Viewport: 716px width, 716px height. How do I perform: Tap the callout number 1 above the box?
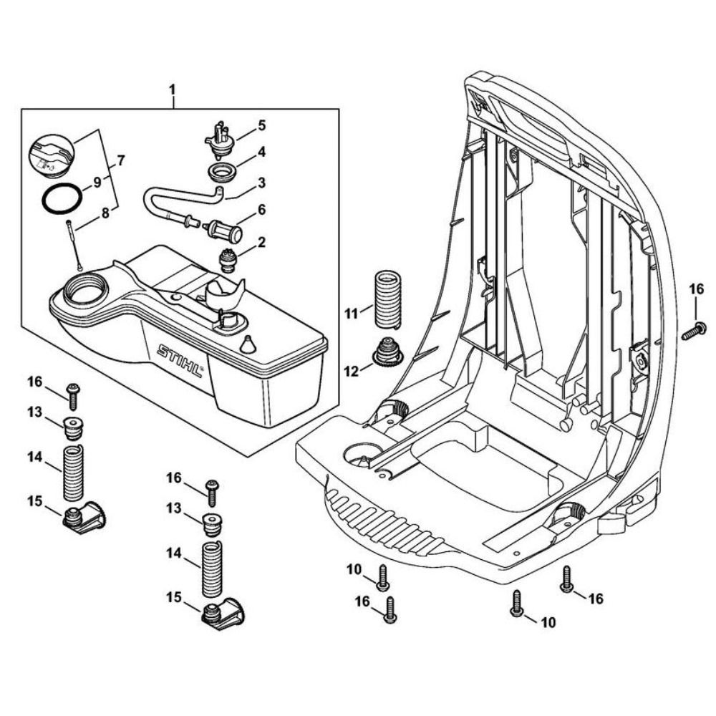coord(172,92)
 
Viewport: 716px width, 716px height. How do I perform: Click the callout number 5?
coord(262,125)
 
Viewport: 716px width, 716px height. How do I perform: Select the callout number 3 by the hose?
coord(262,182)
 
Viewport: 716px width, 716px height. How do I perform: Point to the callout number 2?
coord(262,243)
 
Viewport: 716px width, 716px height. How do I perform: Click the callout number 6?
coord(262,210)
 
